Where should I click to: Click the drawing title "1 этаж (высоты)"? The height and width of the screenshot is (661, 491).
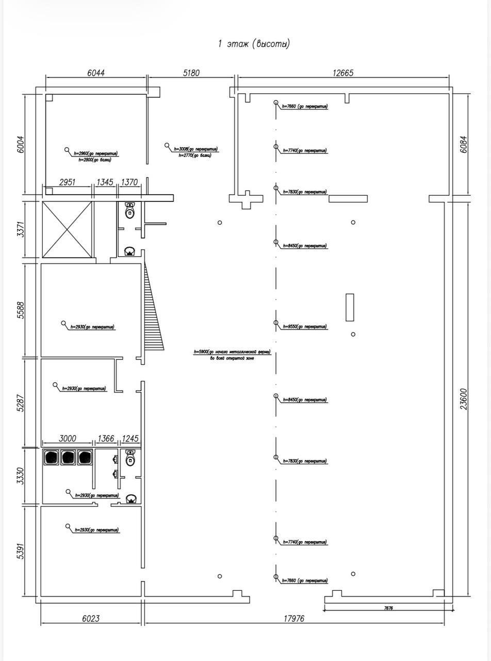pos(254,44)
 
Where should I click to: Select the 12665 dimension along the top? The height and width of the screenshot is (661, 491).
pos(343,73)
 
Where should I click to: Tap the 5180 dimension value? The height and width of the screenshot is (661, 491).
pos(191,73)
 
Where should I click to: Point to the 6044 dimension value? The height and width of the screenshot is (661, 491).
pos(96,73)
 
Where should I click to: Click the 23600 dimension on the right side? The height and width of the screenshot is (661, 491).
pos(464,399)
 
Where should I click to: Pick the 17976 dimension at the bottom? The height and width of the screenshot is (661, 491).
pos(293,619)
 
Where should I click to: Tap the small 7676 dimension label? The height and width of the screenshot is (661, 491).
pos(388,608)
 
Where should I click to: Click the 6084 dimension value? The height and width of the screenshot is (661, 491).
pos(464,144)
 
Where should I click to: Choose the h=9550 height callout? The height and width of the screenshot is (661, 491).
pos(304,327)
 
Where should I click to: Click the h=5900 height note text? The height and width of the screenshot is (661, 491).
pos(232,352)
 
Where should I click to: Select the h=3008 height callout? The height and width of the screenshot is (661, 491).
pos(195,149)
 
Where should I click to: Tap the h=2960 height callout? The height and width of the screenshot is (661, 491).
pos(96,153)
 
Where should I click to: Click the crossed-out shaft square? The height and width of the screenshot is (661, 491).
pos(67,229)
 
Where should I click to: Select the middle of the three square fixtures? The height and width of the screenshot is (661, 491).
pos(68,458)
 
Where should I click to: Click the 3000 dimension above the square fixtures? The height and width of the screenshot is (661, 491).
pos(68,438)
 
